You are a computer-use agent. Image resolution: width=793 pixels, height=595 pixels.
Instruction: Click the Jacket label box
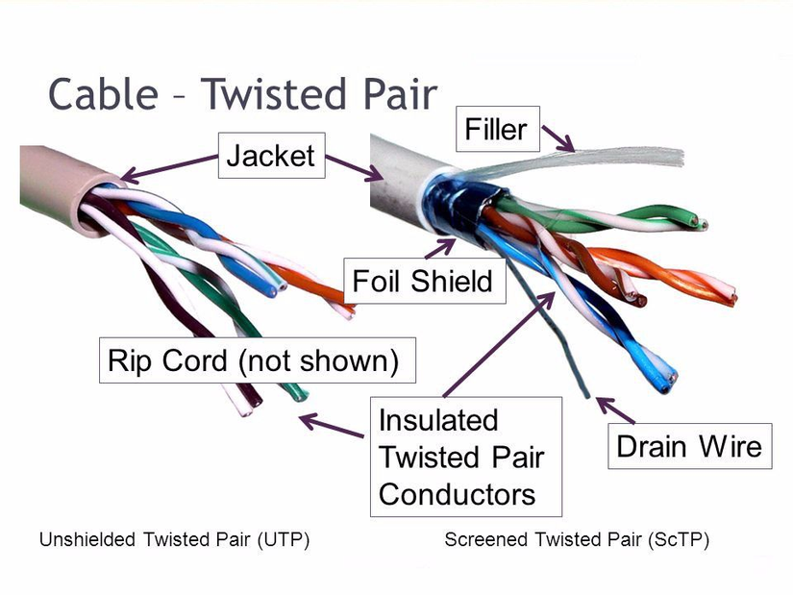pos(272,157)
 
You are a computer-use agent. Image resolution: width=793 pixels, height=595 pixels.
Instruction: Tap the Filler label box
pos(496,129)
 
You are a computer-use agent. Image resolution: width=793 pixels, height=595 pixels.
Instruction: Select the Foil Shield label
pos(422,281)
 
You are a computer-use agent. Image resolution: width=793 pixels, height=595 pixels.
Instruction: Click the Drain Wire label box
pos(689,446)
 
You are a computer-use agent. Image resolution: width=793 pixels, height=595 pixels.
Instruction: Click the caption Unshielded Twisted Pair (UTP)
pos(174,540)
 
